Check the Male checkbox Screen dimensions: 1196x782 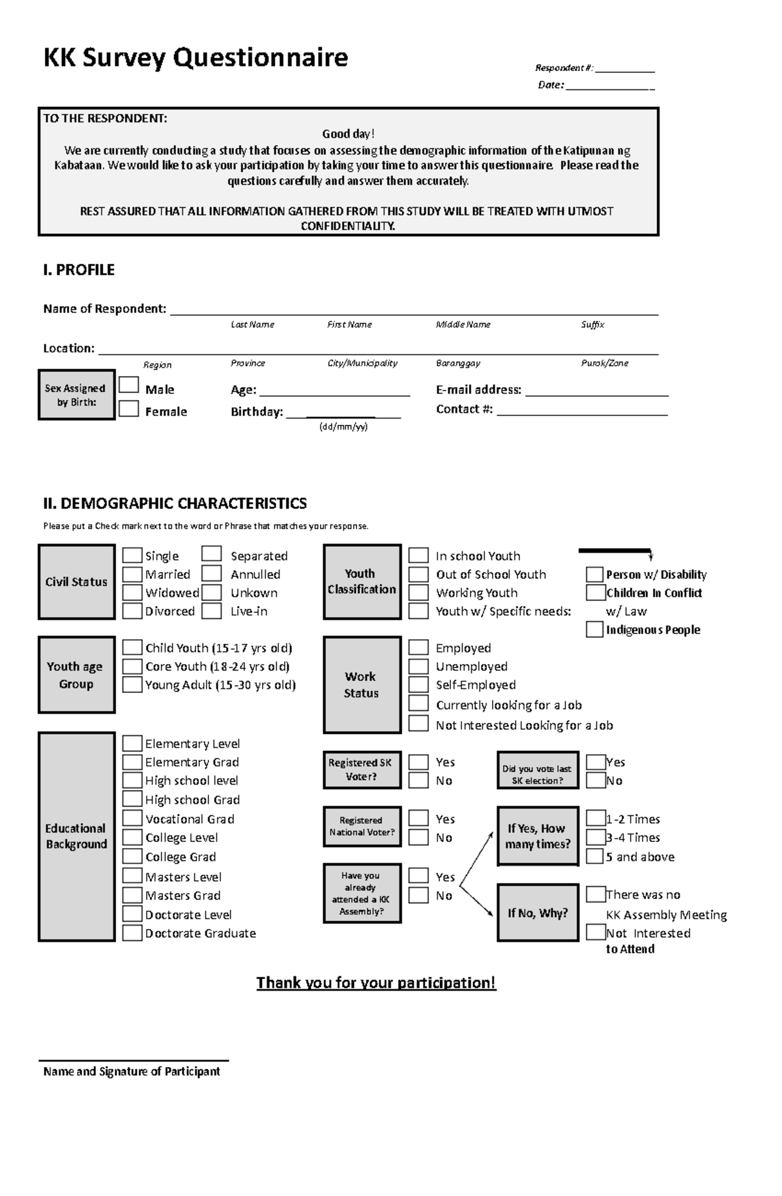129,385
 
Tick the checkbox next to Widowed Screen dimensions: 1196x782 132,592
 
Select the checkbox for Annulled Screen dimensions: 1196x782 211,574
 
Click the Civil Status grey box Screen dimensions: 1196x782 76,582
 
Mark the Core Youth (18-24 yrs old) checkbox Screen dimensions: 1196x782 132,666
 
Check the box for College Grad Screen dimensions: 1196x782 132,856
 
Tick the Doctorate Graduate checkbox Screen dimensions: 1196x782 132,933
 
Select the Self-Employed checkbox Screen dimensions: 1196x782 418,684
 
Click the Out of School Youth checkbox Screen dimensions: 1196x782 418,574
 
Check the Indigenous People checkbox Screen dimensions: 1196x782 594,630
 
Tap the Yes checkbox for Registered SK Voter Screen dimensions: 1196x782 418,762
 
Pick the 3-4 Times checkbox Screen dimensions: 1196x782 595,838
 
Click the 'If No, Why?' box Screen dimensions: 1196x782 538,913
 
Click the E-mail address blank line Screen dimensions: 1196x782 596,394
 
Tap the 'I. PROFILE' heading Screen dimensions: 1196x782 79,270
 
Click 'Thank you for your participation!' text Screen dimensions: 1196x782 376,982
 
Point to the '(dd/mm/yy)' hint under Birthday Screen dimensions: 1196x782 343,427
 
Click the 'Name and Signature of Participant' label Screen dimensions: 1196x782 132,1072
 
